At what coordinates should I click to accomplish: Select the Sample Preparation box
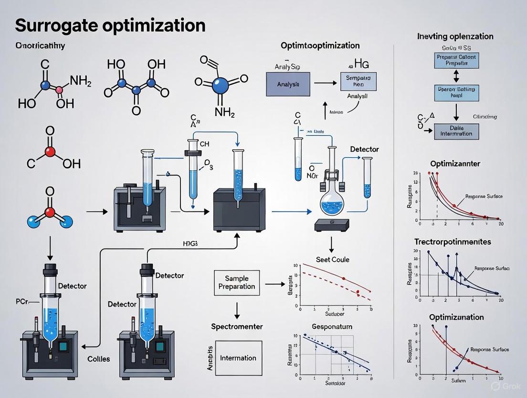[x=237, y=282]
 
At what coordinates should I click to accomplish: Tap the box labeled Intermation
[x=238, y=358]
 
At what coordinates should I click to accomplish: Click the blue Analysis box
[x=287, y=84]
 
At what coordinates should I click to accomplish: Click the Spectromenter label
[x=237, y=326]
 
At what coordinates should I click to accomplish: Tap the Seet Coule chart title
[x=333, y=259]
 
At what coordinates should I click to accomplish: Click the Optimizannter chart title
[x=455, y=164]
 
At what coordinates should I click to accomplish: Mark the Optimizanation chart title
[x=456, y=317]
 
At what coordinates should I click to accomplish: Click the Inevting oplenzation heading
[x=455, y=36]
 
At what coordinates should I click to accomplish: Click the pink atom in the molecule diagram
[x=60, y=89]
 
